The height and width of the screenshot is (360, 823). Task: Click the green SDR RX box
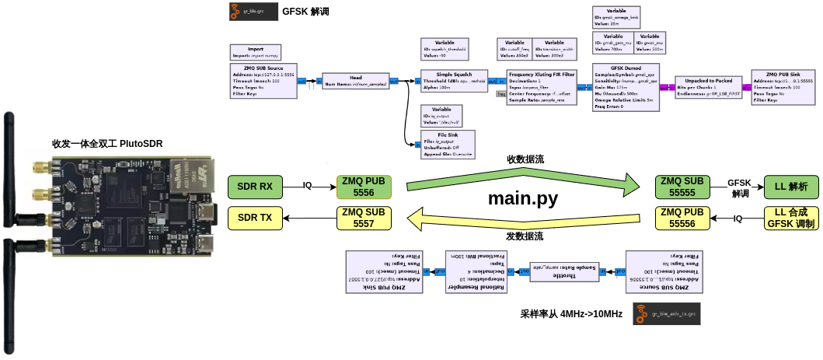point(256,187)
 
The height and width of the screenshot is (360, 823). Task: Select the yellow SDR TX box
point(256,218)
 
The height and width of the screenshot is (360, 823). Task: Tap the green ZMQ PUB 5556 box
point(364,187)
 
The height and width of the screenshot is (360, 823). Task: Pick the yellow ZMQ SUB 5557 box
point(364,218)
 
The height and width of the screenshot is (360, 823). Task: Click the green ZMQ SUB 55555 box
point(681,187)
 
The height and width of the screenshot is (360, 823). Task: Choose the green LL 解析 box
point(791,187)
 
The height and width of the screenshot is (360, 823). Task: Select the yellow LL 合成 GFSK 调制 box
point(791,218)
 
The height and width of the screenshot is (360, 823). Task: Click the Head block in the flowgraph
point(355,81)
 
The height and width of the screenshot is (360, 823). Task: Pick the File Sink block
point(441,145)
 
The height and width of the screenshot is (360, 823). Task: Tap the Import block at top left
point(254,52)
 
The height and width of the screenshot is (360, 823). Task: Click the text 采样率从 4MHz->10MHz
point(571,314)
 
